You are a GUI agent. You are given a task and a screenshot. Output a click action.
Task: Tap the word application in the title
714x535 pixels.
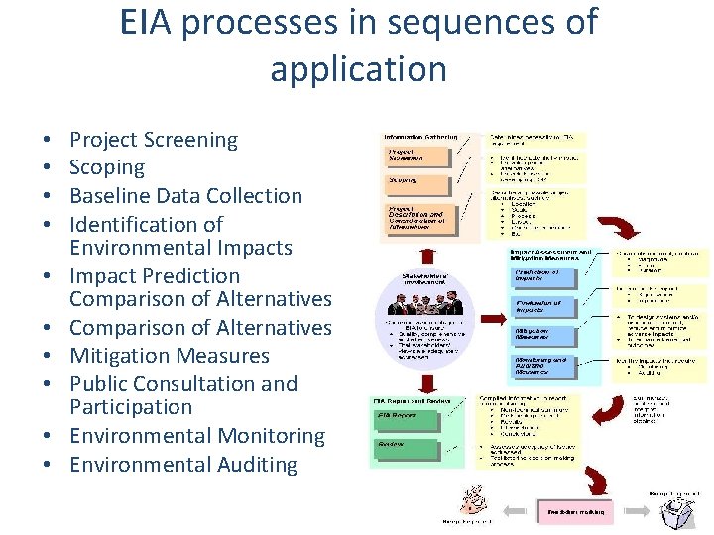click(x=358, y=70)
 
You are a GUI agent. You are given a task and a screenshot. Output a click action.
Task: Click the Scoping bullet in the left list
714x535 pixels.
click(x=107, y=167)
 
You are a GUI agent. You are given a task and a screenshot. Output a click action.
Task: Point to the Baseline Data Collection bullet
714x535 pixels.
click(x=185, y=196)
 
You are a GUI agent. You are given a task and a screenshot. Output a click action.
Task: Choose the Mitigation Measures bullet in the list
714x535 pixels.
click(x=170, y=356)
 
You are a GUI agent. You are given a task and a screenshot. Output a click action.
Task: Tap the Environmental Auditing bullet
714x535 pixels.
click(x=183, y=465)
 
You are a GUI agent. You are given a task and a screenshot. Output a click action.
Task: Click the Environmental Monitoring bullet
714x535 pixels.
click(x=197, y=436)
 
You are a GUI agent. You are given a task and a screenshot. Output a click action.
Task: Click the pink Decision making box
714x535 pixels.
click(x=575, y=511)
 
